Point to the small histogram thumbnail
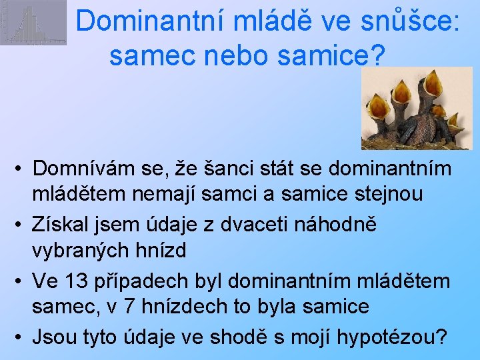tap(24, 23)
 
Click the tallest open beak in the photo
tap(433, 83)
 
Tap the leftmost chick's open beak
tap(379, 106)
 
